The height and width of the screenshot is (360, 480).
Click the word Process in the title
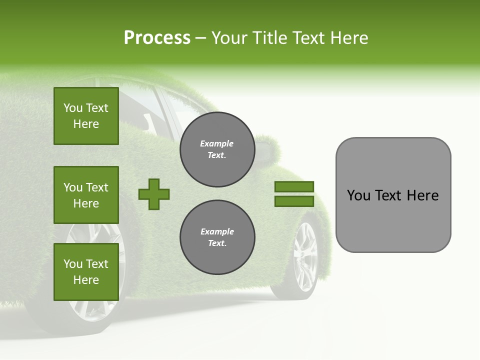point(157,37)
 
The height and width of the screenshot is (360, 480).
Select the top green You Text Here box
point(86,116)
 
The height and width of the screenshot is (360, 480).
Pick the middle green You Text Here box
point(86,195)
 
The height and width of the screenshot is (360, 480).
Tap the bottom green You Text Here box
point(86,272)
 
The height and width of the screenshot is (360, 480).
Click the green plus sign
point(154,194)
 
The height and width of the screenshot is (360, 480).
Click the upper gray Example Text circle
point(217,149)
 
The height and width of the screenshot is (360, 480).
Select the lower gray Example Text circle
point(217,237)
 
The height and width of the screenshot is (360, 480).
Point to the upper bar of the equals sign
point(294,186)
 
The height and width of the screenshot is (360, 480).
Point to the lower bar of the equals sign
point(294,201)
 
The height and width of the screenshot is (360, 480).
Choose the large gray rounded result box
point(393,195)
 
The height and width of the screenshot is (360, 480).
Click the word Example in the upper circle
point(217,143)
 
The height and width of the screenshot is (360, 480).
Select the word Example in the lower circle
point(217,231)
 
